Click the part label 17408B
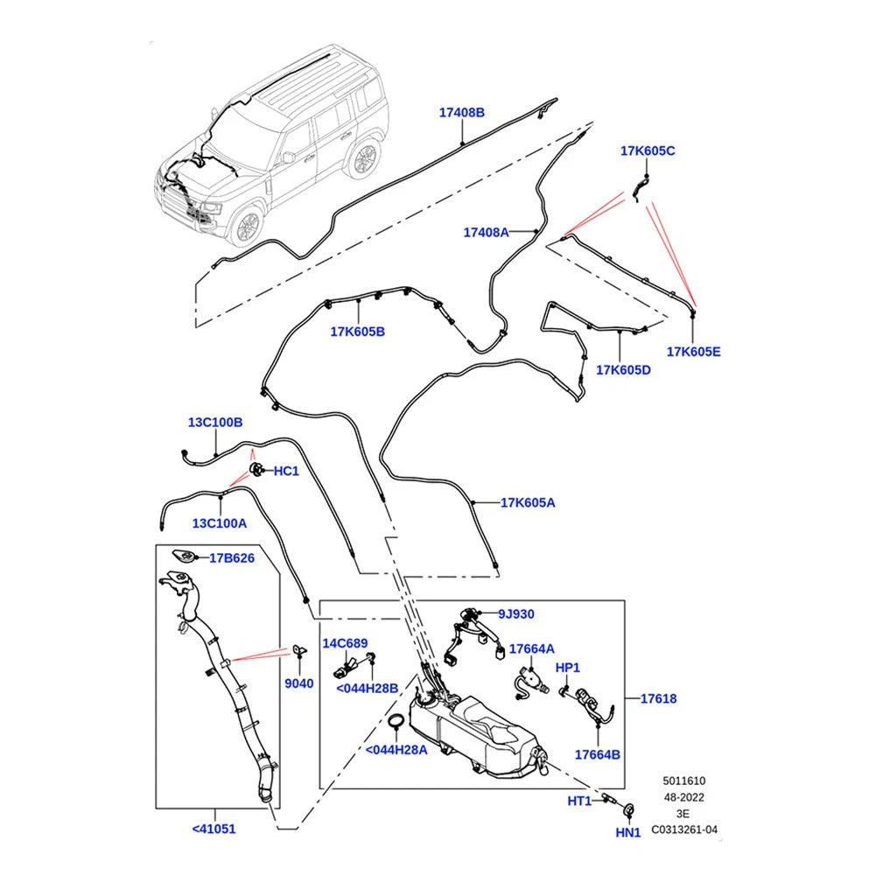pos(461,113)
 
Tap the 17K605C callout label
pos(648,151)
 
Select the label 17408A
pos(486,233)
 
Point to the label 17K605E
pos(693,352)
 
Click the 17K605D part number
pos(623,370)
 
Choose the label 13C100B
pos(215,423)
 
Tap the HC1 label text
pos(286,472)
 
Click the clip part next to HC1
pos(256,469)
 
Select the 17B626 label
pos(232,557)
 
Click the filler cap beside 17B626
pos(183,557)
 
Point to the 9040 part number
pos(299,683)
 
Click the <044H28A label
pos(396,750)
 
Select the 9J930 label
pos(516,614)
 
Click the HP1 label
pos(568,668)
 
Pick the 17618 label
pos(658,698)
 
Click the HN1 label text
pos(628,833)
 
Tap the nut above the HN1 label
pos(628,809)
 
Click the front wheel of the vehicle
pos(245,226)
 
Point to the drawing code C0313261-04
pos(684,830)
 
